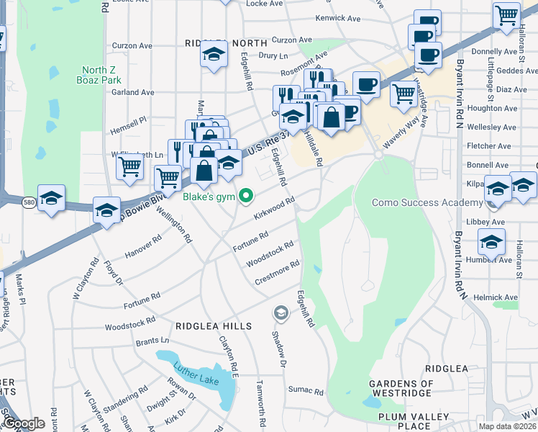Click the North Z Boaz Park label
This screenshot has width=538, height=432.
(x=99, y=75)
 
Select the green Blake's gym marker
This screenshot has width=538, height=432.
(x=246, y=195)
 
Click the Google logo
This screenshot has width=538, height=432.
(x=23, y=423)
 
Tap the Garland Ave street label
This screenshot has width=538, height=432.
(x=133, y=92)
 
